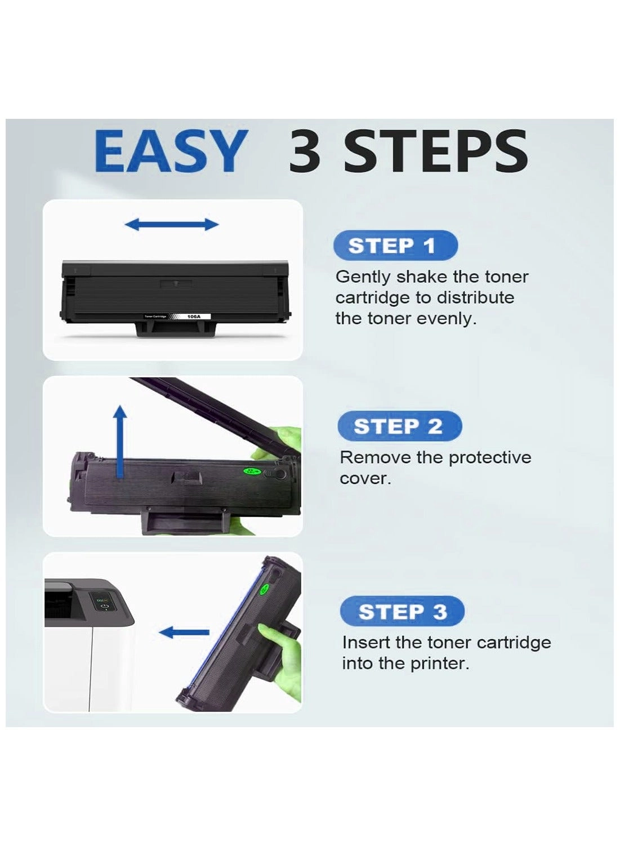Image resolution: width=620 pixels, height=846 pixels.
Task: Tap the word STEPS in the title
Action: point(435,151)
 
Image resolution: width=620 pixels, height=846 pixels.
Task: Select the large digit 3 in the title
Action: point(305,151)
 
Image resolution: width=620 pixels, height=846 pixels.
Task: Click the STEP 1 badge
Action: point(395,246)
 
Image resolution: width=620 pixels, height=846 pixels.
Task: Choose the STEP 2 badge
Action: point(400,426)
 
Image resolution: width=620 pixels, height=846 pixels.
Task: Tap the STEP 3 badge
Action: point(402,612)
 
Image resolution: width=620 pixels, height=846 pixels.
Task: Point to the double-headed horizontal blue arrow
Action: point(172,224)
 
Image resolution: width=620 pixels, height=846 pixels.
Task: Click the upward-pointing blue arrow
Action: point(121,442)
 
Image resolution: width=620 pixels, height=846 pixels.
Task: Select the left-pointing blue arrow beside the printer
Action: point(184,632)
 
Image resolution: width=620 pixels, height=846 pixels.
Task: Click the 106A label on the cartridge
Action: point(194,317)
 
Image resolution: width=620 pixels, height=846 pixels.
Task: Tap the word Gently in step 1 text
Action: point(363,278)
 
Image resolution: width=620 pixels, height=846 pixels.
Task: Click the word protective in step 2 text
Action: point(490,458)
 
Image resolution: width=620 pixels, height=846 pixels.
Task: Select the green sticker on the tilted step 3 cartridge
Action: point(265,589)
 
